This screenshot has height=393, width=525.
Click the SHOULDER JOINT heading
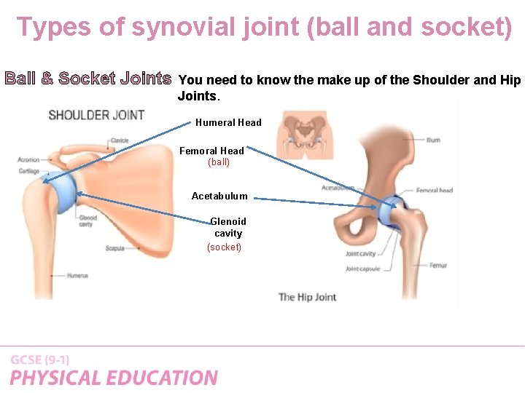point(96,115)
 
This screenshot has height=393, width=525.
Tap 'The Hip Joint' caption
point(307,297)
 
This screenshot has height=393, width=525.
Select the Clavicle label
point(119,140)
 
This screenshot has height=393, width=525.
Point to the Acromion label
point(29,159)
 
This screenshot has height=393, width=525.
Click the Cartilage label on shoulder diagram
point(29,171)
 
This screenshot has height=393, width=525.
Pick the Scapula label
point(115,248)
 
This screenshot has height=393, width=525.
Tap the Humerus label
point(78,275)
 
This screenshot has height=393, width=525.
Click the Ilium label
point(433,140)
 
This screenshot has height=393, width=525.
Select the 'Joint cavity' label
point(360,254)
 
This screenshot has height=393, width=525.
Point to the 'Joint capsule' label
point(362,269)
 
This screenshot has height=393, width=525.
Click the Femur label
point(437,266)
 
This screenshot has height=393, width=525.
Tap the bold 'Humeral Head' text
point(228,122)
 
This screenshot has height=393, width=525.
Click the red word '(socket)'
point(225,247)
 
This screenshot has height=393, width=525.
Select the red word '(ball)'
point(219,162)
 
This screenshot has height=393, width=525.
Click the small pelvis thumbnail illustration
point(306,135)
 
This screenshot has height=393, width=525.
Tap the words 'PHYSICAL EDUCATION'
point(114,378)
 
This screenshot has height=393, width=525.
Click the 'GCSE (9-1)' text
point(40,360)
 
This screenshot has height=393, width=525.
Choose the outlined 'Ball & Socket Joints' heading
point(88,78)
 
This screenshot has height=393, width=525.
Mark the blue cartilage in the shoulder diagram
point(64,191)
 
